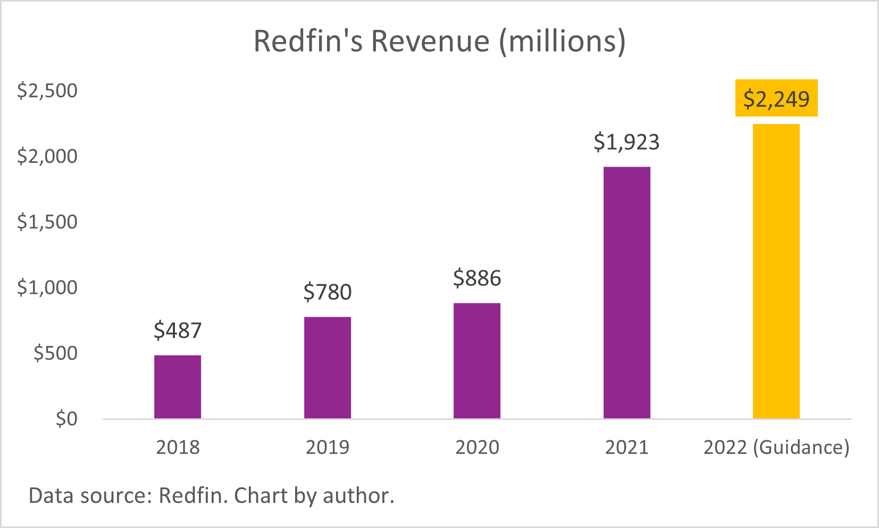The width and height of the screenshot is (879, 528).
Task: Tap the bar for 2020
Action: (x=477, y=360)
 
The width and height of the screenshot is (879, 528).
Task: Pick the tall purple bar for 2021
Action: (x=626, y=293)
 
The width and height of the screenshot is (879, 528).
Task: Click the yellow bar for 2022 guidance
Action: (x=776, y=271)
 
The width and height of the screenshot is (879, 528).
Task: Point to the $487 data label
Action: (x=178, y=331)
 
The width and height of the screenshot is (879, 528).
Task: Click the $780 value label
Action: (x=328, y=292)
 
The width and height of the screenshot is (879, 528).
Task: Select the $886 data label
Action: (x=477, y=278)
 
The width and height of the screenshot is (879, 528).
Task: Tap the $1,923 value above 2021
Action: (x=626, y=142)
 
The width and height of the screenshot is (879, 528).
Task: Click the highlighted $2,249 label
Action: (x=776, y=99)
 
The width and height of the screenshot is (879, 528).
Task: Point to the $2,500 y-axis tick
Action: (x=47, y=90)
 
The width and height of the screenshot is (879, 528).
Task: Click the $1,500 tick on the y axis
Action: (x=47, y=222)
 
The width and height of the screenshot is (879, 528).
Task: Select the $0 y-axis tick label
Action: (x=66, y=419)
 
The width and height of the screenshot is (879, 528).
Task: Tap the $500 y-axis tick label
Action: (x=55, y=353)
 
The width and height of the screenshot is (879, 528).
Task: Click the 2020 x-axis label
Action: (x=477, y=447)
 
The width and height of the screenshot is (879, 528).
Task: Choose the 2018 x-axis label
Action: (x=178, y=447)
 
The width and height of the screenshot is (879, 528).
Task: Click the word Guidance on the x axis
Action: (x=801, y=447)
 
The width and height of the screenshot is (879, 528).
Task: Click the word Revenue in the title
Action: (x=430, y=41)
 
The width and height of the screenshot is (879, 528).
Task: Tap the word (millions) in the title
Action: (x=562, y=41)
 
